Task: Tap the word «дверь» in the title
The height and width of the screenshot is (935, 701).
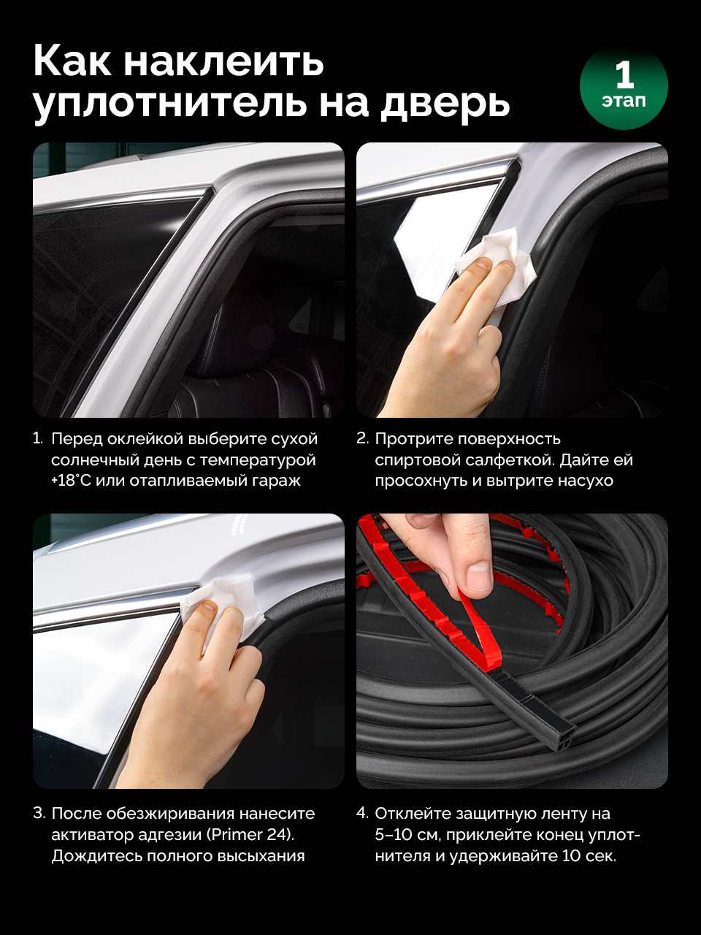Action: tap(445, 104)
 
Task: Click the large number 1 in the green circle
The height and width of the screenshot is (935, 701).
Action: tap(624, 75)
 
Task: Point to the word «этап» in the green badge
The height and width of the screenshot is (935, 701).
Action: tap(624, 101)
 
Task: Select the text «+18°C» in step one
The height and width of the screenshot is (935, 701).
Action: tap(71, 481)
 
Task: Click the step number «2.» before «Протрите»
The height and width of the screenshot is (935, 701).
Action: tap(363, 438)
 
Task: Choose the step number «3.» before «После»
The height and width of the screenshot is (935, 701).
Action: tap(39, 813)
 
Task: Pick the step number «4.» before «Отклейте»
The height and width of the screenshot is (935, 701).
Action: tap(363, 813)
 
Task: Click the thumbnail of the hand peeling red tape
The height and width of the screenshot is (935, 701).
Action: tap(512, 651)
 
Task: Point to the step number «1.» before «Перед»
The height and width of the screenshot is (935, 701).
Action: tap(38, 438)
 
